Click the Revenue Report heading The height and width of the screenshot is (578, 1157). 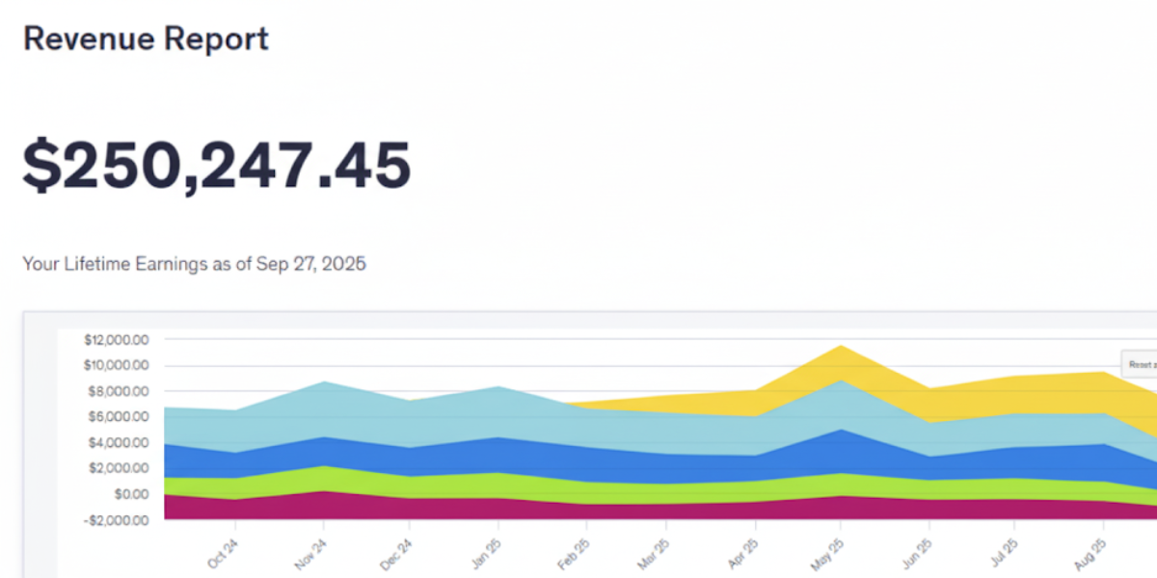pos(146,39)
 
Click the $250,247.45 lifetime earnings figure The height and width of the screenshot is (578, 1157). pos(217,164)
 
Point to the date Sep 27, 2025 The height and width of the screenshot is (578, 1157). pos(310,264)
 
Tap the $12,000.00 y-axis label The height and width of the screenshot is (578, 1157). pos(116,340)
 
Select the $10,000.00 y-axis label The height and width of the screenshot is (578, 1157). pos(116,365)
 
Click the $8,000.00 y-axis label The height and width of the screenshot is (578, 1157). pos(118,391)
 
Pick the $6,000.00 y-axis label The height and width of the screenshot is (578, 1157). pos(118,417)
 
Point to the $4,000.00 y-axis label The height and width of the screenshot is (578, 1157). pos(118,443)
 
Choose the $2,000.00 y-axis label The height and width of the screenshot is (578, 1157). pos(118,468)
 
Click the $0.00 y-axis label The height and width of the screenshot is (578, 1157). pos(127,494)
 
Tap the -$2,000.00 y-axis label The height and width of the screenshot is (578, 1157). pos(116,520)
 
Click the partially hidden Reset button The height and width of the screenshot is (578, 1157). pos(1140,365)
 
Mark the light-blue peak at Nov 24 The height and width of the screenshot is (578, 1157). pos(323,383)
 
